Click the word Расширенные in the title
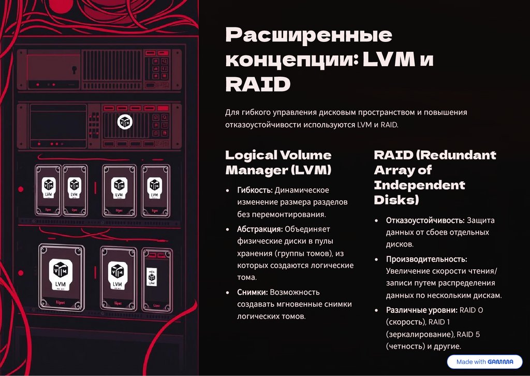pos(308,36)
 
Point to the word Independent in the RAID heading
pos(420,185)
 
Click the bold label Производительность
pos(426,259)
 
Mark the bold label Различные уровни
pos(420,310)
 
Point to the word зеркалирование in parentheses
pos(418,335)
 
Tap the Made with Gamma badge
pos(484,361)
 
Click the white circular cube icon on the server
pos(124,122)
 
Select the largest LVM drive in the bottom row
pos(62,277)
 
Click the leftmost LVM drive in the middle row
pos(48,189)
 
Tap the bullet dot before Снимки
pos(228,293)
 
